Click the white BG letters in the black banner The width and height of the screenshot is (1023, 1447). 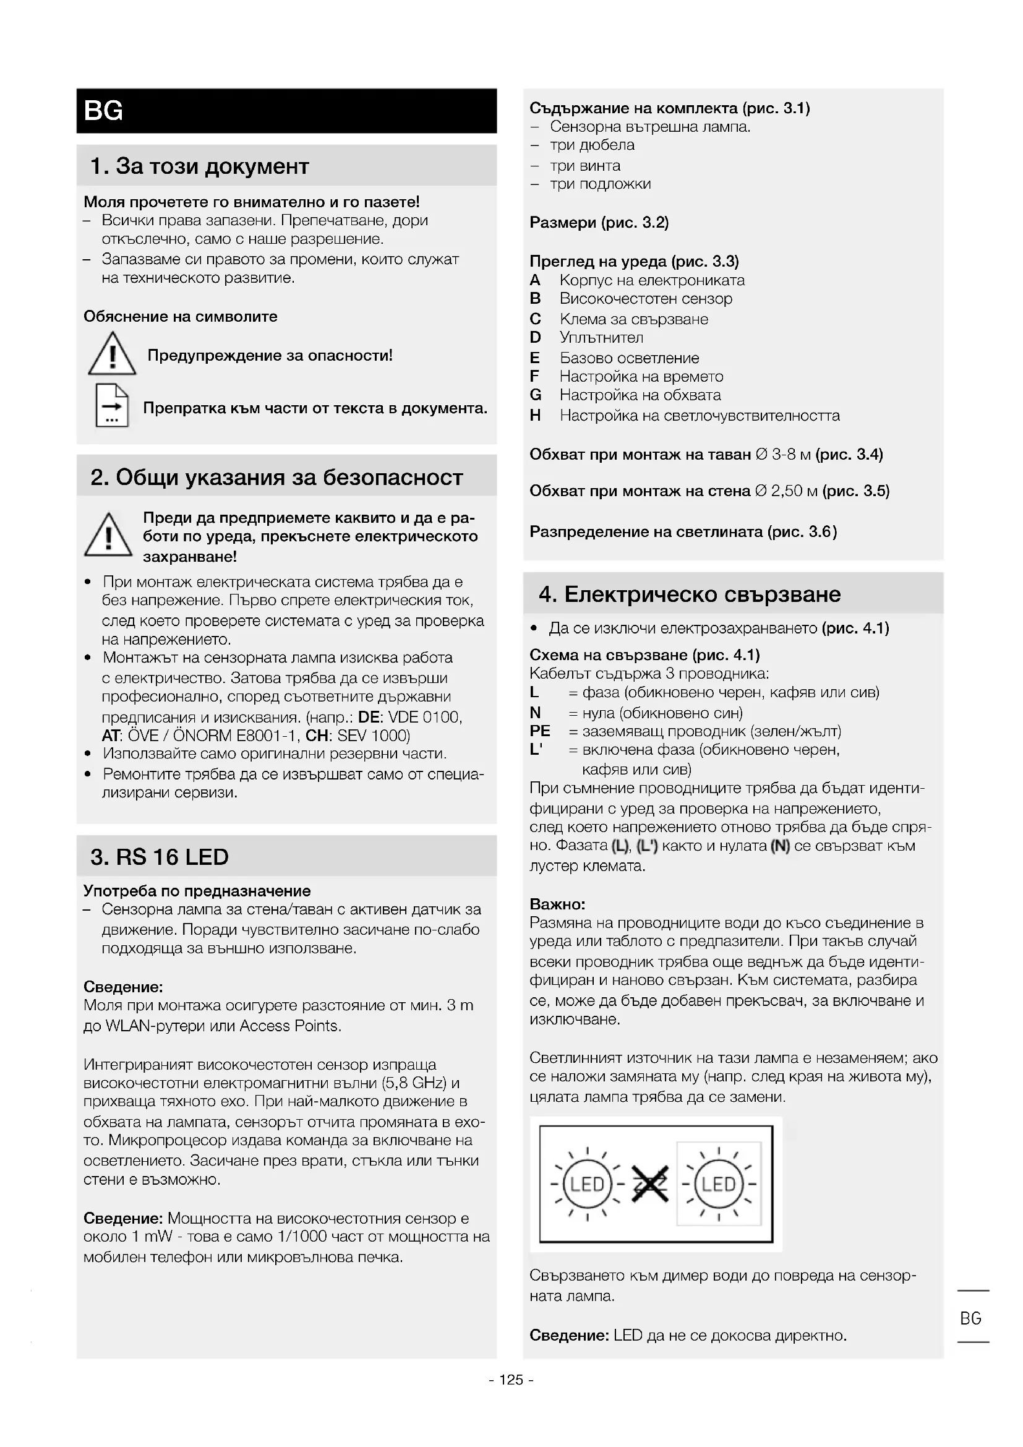[x=103, y=111]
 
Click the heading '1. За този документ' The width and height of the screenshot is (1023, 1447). [x=200, y=166]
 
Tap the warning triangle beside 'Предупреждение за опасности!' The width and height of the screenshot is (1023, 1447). [x=112, y=355]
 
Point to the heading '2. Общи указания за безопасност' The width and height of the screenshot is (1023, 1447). [x=276, y=477]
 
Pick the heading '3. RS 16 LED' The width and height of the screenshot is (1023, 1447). [x=160, y=856]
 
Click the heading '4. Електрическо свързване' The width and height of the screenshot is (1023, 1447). [x=690, y=594]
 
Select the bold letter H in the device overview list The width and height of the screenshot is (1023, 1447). [x=536, y=415]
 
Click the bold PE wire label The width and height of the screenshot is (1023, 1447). [x=540, y=731]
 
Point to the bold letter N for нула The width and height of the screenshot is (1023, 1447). [x=536, y=712]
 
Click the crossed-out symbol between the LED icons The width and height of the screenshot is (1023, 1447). [x=650, y=1185]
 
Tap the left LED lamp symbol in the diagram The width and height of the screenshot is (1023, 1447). [x=587, y=1185]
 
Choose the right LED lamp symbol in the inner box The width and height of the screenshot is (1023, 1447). [x=719, y=1185]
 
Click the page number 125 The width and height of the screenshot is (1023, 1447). [x=511, y=1380]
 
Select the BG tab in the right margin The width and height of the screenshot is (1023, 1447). [x=970, y=1318]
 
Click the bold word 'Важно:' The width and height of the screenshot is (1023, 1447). [x=557, y=904]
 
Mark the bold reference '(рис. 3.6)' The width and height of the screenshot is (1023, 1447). [x=802, y=532]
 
